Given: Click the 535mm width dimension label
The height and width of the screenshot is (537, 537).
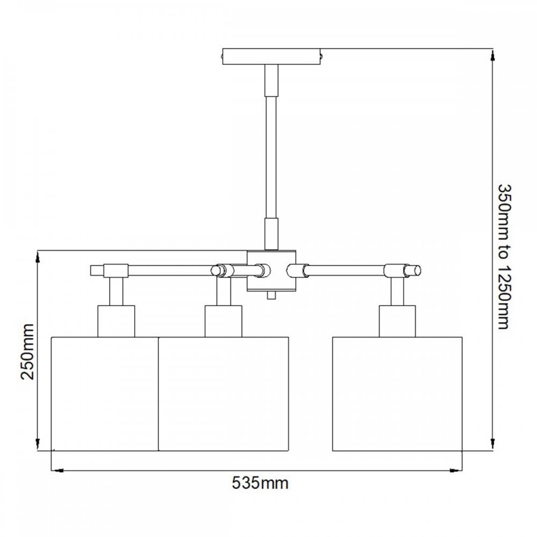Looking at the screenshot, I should (260, 483).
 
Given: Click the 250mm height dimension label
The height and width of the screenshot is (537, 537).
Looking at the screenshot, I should (27, 351).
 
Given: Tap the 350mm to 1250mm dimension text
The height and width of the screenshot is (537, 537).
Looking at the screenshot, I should (503, 256).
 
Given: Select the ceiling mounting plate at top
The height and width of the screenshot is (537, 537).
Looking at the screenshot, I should (272, 56).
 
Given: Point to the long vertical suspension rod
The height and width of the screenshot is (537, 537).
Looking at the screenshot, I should (272, 156).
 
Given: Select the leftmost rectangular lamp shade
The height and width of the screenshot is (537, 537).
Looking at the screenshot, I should (105, 394).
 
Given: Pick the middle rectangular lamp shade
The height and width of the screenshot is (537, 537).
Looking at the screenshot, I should (224, 394).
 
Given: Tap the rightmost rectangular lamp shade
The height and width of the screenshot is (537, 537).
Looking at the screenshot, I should (397, 394).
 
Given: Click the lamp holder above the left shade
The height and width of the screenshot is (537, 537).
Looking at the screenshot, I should (115, 321).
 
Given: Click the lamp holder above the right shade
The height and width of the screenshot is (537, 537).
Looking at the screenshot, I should (397, 321).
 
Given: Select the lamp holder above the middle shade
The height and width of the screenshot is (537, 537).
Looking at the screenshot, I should (223, 321).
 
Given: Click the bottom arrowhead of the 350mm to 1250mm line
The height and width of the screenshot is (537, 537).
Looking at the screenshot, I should (491, 444).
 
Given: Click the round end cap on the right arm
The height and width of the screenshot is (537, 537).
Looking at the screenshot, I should (417, 270).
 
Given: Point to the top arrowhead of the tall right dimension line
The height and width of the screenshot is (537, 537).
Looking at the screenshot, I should (491, 55).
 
